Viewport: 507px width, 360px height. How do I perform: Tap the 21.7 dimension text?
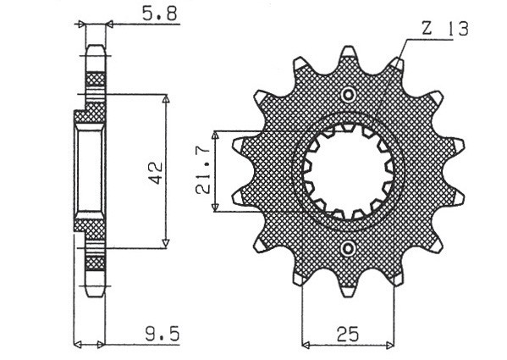[x=204, y=172]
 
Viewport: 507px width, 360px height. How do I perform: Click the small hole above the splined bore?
[x=348, y=94]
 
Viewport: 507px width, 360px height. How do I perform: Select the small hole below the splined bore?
[x=348, y=248]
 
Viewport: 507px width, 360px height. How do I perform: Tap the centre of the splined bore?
[x=348, y=171]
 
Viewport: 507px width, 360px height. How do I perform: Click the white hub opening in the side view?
[x=87, y=171]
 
